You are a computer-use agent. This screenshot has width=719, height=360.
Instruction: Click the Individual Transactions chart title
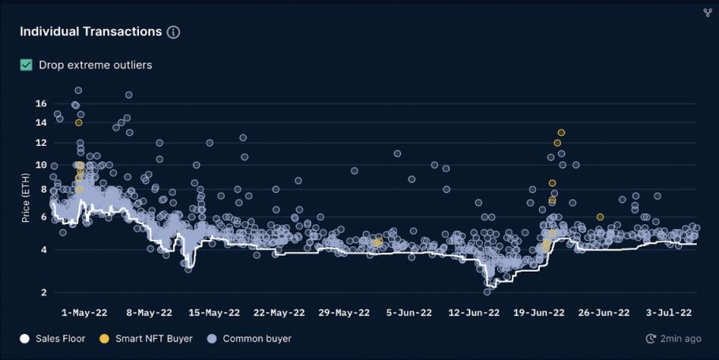coord(91,32)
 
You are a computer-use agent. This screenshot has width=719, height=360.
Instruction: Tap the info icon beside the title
coord(174,32)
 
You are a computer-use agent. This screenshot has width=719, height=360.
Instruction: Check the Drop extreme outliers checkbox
coord(26,65)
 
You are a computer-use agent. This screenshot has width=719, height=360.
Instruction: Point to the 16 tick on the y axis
coord(41,103)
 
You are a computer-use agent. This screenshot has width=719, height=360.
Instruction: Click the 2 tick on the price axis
coord(43,293)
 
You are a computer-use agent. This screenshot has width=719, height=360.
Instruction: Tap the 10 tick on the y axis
coord(41,165)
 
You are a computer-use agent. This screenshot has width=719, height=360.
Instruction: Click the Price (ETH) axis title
coord(25,198)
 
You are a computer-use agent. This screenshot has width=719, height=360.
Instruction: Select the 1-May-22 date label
coord(84,313)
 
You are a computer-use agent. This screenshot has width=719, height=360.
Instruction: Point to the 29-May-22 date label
coord(343,313)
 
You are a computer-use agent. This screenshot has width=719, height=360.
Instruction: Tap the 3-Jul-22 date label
coord(669,313)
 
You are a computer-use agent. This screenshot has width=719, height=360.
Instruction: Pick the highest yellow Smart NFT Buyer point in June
coord(561,133)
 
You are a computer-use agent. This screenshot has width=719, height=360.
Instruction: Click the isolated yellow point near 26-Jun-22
coord(601,217)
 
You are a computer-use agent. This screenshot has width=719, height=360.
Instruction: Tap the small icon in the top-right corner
coord(707,12)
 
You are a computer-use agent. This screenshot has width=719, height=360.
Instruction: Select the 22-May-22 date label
coord(279,313)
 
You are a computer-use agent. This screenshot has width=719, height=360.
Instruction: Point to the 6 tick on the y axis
coord(43,216)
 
